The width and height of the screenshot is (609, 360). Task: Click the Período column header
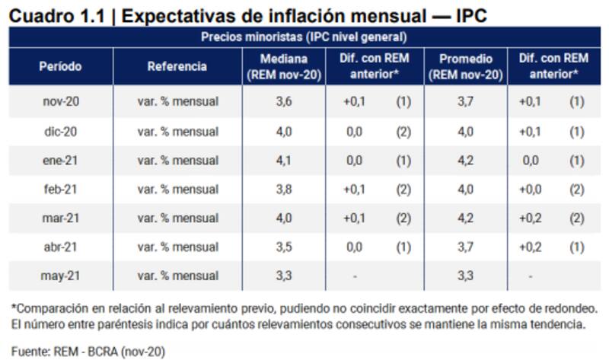pyautogui.click(x=60, y=66)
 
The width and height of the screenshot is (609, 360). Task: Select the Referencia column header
pyautogui.click(x=177, y=66)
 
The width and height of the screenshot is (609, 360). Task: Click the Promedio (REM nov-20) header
pyautogui.click(x=467, y=66)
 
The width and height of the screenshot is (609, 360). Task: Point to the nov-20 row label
pyautogui.click(x=60, y=101)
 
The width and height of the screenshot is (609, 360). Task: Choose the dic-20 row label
pyautogui.click(x=60, y=132)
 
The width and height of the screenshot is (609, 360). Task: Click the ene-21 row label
pyautogui.click(x=60, y=161)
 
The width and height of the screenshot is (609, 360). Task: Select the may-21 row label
pyautogui.click(x=60, y=276)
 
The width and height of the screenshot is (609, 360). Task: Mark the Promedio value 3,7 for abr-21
pyautogui.click(x=467, y=247)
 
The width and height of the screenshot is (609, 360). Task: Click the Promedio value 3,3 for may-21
pyautogui.click(x=467, y=276)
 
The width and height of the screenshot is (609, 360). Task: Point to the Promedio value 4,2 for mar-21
pyautogui.click(x=467, y=218)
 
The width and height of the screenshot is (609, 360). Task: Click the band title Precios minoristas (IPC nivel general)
pyautogui.click(x=304, y=37)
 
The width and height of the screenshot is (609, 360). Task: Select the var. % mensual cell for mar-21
pyautogui.click(x=177, y=218)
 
